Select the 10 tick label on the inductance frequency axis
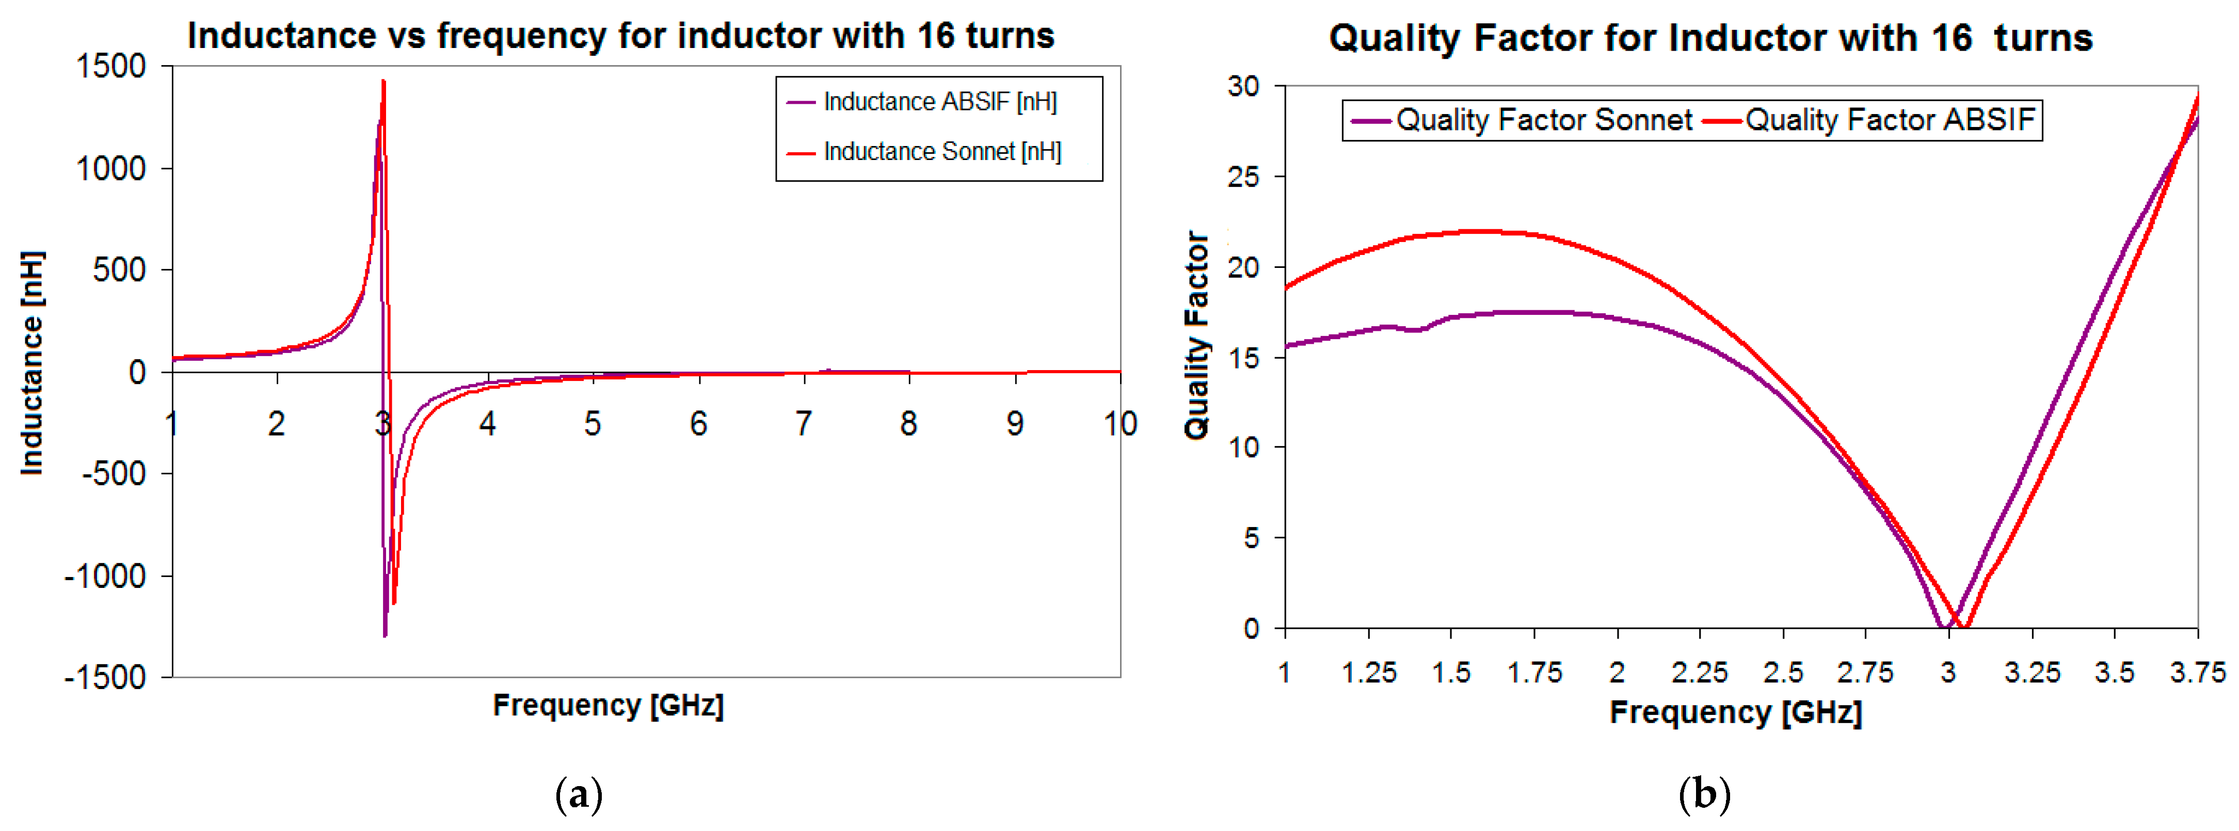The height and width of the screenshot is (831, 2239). tap(1120, 424)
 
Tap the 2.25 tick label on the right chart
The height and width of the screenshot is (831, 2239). tap(1699, 672)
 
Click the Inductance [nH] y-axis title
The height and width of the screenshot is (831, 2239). tap(32, 363)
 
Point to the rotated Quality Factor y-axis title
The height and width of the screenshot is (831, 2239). tap(1197, 334)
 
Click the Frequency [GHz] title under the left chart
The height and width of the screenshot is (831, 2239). tap(607, 705)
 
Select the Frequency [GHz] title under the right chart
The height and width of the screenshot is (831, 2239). tap(1735, 713)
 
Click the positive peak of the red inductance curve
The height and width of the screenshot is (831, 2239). tap(383, 82)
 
